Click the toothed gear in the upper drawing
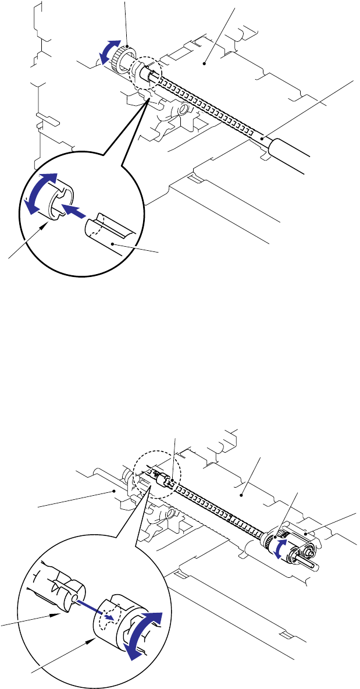121,56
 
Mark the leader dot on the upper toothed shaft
262,138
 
